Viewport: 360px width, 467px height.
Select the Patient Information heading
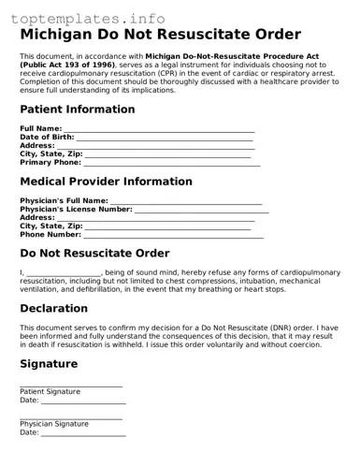click(x=78, y=109)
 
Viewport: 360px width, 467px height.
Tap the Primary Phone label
click(x=50, y=162)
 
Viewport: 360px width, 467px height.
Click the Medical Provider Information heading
click(x=106, y=182)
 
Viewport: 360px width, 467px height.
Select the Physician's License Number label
click(x=76, y=209)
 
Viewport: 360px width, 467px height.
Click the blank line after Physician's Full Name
click(x=186, y=200)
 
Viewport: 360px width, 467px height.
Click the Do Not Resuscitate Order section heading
click(x=94, y=254)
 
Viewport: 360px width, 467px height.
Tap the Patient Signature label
click(x=50, y=391)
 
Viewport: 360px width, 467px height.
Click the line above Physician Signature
click(x=70, y=417)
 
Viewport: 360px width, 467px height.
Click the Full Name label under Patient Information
click(x=40, y=128)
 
